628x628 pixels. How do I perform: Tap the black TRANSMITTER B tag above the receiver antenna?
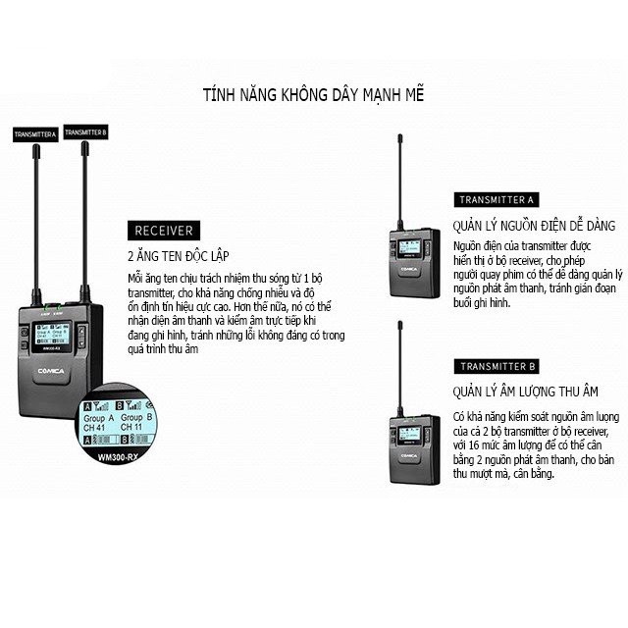pos(85,131)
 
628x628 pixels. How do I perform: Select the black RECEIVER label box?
pos(161,231)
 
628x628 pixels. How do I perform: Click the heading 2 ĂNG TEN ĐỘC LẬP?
pos(179,255)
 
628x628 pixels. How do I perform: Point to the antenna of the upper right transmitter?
pos(400,177)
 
